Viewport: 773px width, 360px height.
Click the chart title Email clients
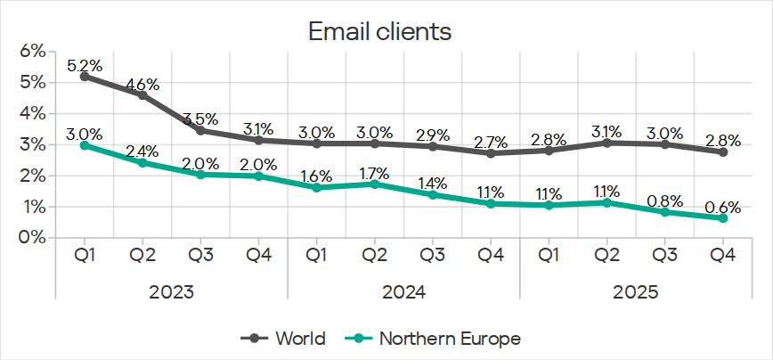(380, 31)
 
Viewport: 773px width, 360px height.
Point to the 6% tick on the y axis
(32, 52)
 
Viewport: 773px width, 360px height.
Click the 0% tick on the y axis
(32, 238)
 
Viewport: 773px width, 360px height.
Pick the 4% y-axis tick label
(32, 114)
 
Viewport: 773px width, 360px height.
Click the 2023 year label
(172, 291)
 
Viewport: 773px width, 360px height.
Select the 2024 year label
(404, 291)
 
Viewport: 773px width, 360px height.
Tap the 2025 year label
(636, 291)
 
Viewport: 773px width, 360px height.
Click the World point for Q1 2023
(85, 77)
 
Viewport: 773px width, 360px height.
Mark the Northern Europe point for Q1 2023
(85, 144)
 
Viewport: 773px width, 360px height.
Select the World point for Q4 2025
(723, 152)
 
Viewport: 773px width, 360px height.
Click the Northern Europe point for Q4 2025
(723, 218)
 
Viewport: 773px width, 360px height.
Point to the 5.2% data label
(85, 65)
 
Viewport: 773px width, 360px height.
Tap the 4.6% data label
(142, 85)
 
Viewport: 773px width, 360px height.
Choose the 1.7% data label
(375, 170)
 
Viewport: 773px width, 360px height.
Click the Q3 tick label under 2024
(433, 255)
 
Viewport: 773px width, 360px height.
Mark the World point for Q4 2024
(491, 153)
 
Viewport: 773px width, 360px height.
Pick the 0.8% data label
(665, 198)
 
